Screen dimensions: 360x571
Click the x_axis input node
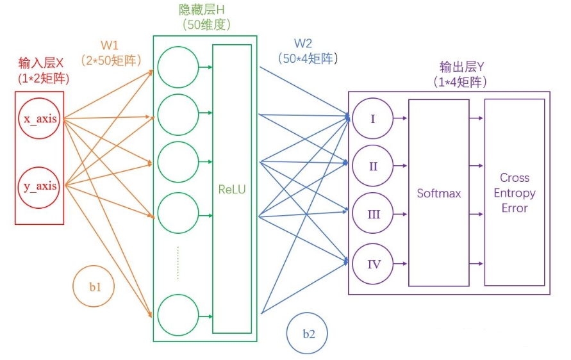click(40, 119)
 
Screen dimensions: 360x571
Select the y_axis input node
click(40, 186)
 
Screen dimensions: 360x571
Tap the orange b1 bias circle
click(94, 287)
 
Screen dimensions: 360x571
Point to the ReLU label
click(231, 190)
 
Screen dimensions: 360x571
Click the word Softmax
click(438, 193)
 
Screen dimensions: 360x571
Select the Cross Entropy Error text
click(514, 193)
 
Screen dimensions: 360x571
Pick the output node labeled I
click(372, 119)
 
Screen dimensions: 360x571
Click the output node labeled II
click(372, 166)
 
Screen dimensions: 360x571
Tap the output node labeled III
click(372, 214)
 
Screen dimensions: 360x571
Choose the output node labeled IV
click(372, 263)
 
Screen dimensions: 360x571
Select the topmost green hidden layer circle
click(178, 67)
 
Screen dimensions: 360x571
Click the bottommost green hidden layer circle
click(178, 315)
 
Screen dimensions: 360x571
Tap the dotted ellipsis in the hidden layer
click(178, 263)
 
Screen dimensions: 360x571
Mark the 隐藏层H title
click(202, 10)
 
